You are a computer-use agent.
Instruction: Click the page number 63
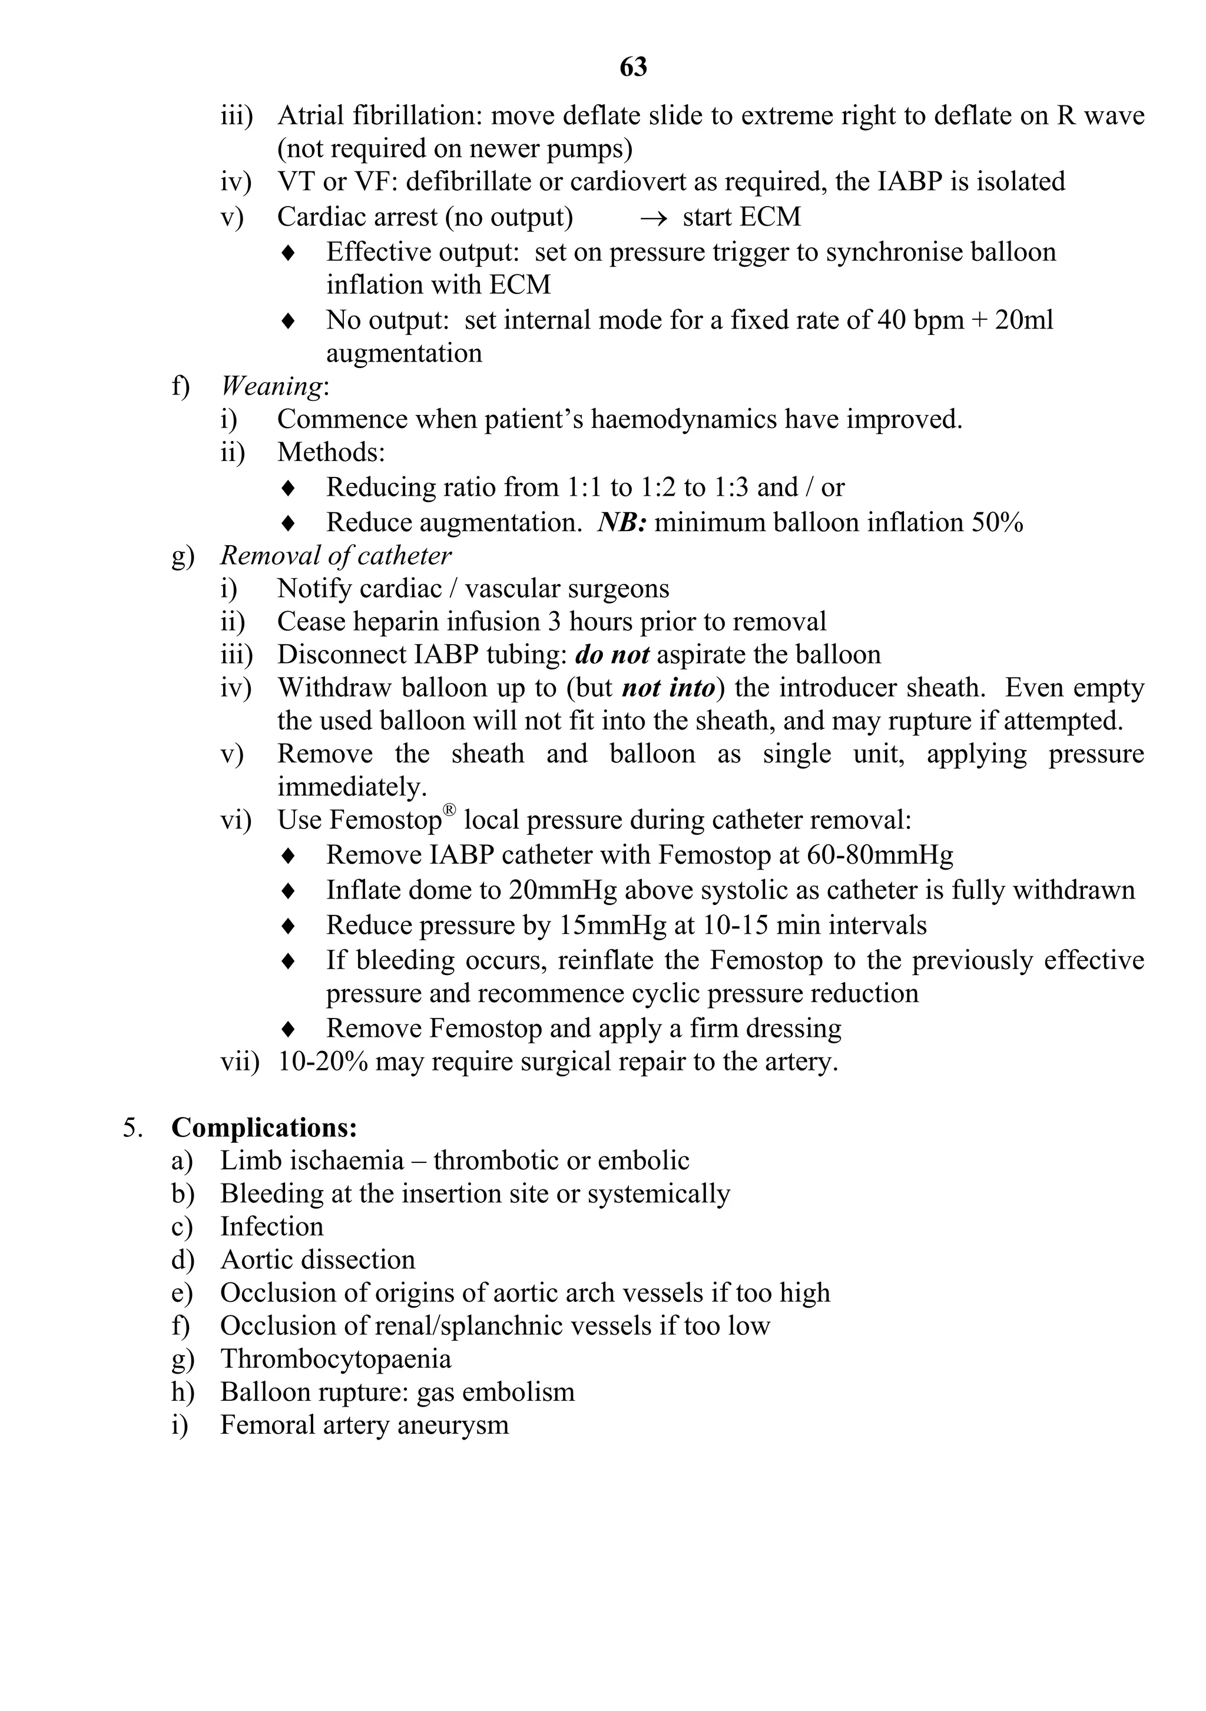633,67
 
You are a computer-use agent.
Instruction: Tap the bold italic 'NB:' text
622,522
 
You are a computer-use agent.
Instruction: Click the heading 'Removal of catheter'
336,555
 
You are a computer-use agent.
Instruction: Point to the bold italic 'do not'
611,654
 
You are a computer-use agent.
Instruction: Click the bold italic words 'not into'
668,687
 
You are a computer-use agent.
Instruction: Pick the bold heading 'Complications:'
264,1128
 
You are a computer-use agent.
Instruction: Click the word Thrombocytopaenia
336,1358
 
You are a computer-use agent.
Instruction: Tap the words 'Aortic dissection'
317,1259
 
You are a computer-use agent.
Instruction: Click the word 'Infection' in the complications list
272,1226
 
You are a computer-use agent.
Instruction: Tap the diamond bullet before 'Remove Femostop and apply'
289,1029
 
